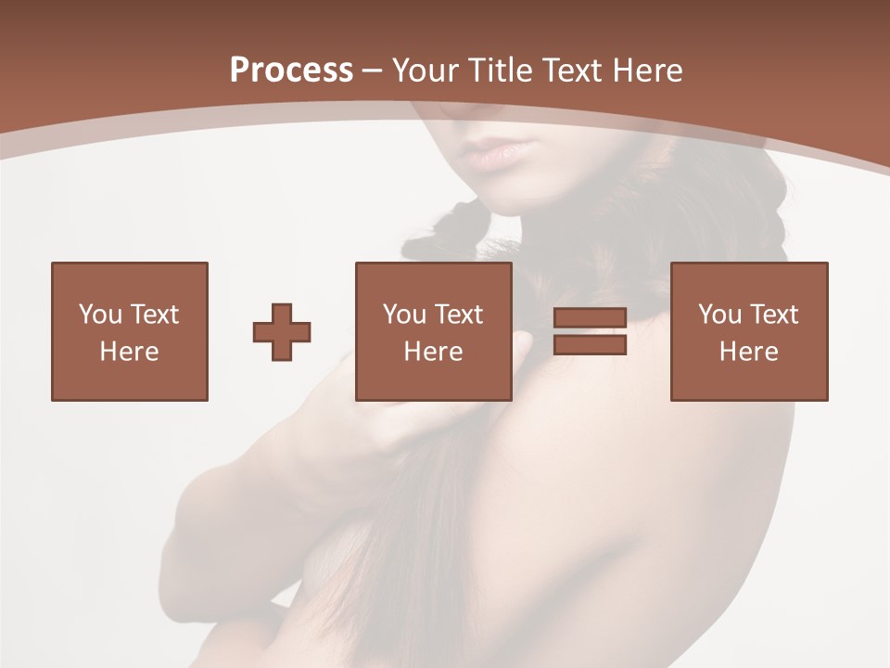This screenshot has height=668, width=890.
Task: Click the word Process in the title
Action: coord(291,71)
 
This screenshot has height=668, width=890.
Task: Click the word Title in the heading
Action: coord(501,71)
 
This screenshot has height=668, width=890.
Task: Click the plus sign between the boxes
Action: coord(282,332)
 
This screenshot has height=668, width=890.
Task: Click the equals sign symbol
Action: coord(590,332)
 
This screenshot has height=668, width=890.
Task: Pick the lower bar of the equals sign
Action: coord(590,345)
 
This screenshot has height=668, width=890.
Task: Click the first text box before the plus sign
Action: coord(129,331)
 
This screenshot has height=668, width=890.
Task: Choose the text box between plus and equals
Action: coord(433,331)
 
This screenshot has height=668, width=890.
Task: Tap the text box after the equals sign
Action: coord(748,331)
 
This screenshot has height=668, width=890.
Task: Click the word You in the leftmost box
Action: coord(98,315)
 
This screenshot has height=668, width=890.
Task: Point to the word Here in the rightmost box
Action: coord(748,352)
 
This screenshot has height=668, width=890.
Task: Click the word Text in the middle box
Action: coord(459,315)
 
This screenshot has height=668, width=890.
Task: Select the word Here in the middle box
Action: coord(433,352)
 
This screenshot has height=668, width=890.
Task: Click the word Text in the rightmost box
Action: coord(774,315)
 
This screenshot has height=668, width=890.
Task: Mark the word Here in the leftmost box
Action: coord(129,352)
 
